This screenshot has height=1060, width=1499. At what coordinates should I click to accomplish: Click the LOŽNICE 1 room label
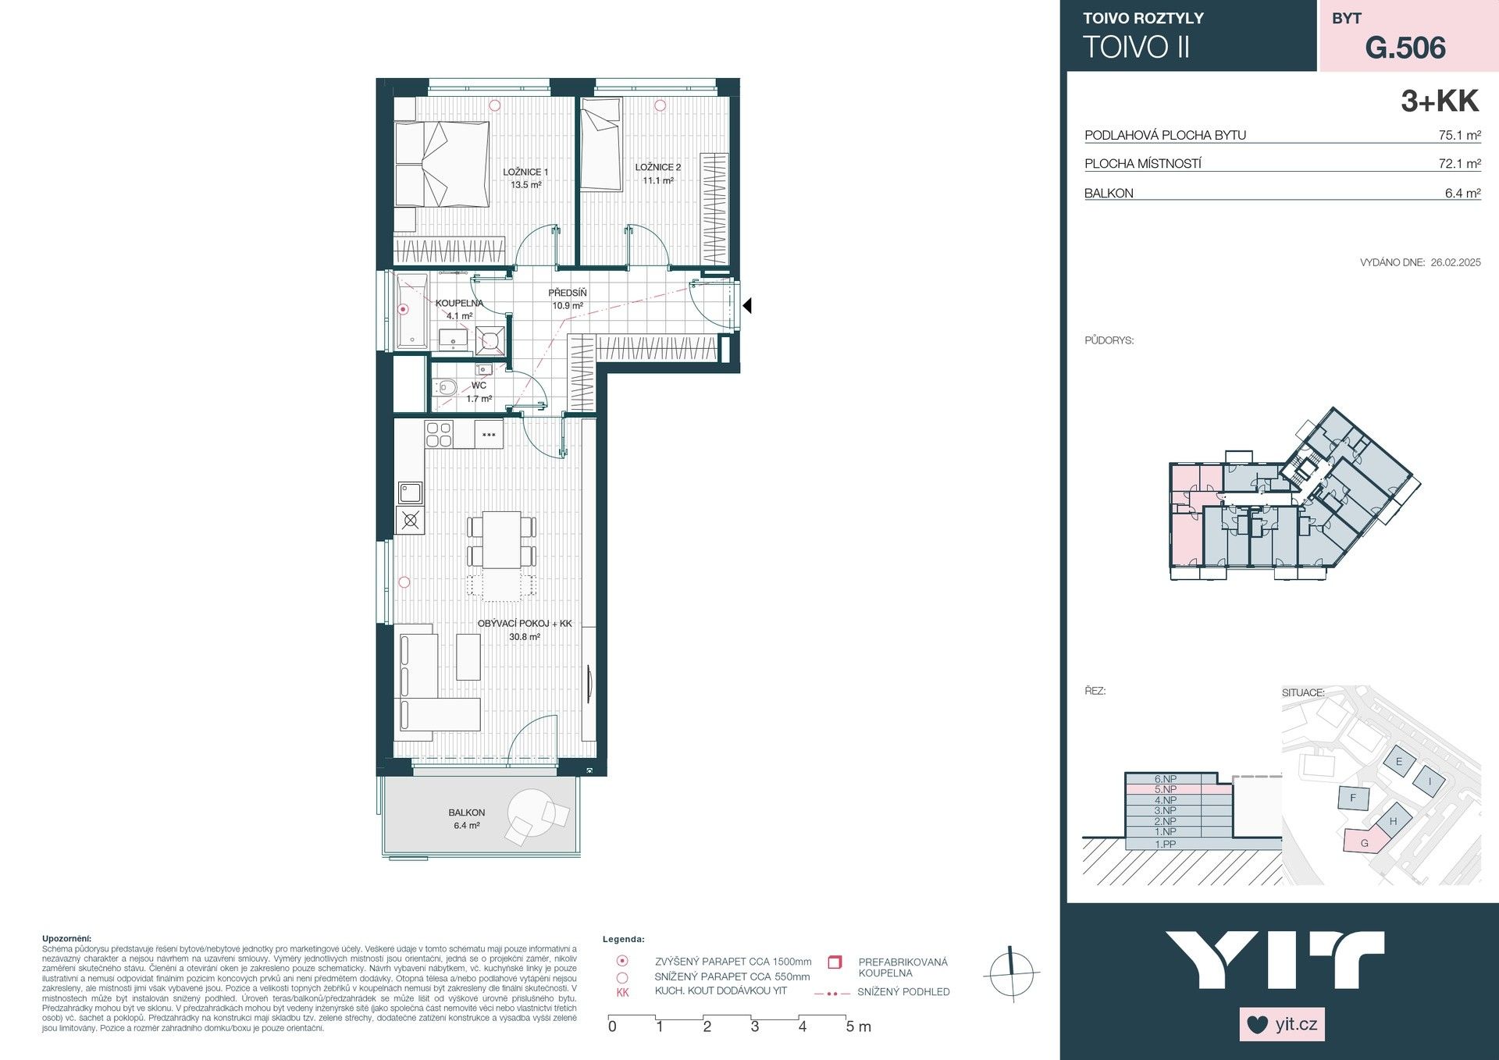pyautogui.click(x=525, y=172)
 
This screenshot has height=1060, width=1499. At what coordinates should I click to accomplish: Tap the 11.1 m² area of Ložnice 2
pyautogui.click(x=657, y=180)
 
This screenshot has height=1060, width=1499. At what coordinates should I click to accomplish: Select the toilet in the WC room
pyautogui.click(x=446, y=386)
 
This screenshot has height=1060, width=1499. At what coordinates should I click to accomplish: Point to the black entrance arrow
pyautogui.click(x=746, y=306)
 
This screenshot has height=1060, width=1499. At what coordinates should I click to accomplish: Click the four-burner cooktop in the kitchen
pyautogui.click(x=439, y=434)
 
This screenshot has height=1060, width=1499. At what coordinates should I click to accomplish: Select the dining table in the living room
pyautogui.click(x=501, y=539)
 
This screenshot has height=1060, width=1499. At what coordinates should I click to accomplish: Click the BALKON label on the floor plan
pyautogui.click(x=466, y=813)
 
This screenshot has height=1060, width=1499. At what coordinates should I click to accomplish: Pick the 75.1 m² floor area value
pyautogui.click(x=1459, y=135)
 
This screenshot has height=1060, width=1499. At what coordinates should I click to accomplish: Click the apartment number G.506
pyautogui.click(x=1405, y=48)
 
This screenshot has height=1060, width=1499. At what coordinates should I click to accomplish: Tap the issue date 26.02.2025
pyautogui.click(x=1455, y=262)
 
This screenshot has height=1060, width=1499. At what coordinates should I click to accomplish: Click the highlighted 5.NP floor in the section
pyautogui.click(x=1166, y=789)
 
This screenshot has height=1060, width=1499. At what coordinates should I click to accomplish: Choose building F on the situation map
pyautogui.click(x=1353, y=798)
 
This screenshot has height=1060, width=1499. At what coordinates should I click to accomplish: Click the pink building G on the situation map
pyautogui.click(x=1365, y=842)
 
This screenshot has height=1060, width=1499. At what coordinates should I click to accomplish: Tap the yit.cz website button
pyautogui.click(x=1282, y=1024)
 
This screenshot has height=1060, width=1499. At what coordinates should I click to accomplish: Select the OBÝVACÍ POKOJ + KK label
pyautogui.click(x=525, y=623)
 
